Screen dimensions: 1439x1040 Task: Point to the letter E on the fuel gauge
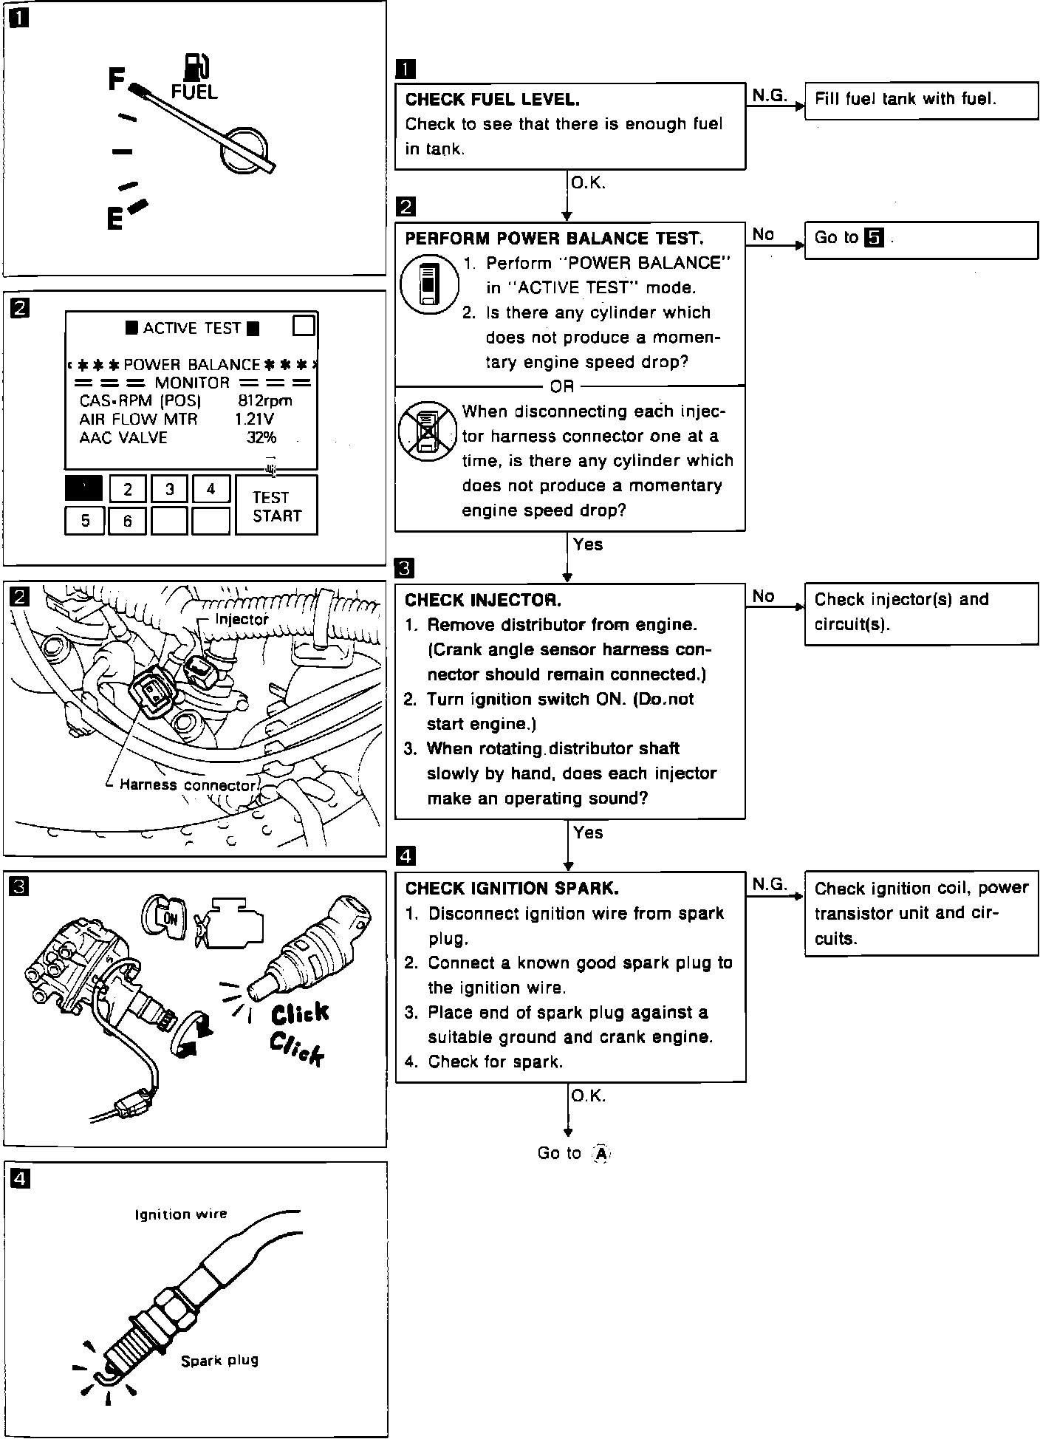[114, 219]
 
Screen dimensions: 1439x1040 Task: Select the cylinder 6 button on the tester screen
[127, 521]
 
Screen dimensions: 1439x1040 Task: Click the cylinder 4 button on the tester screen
[211, 488]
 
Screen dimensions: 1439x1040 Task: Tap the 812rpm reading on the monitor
[265, 401]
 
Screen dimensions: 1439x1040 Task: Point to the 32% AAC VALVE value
[261, 437]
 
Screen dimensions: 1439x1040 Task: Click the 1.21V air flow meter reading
[255, 419]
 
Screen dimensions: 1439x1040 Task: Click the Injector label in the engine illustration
[242, 619]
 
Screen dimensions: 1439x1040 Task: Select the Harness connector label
[188, 785]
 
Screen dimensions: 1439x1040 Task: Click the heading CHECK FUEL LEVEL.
[492, 100]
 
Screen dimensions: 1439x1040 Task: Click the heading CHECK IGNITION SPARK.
[512, 888]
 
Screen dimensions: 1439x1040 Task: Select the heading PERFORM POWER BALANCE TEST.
[554, 239]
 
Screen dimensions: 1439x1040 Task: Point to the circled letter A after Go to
[602, 1154]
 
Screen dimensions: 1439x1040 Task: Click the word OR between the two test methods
[562, 386]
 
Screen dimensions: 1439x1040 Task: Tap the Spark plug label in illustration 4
[219, 1360]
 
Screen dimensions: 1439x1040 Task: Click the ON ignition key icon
[171, 918]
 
